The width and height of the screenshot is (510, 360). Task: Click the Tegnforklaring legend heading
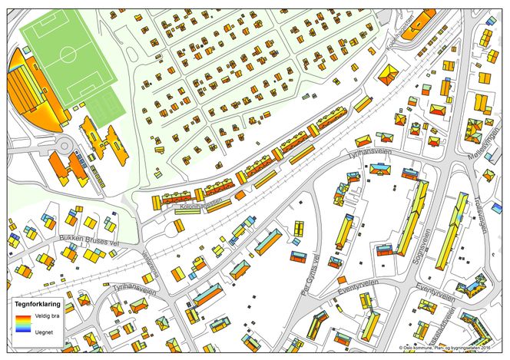coord(38,305)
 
